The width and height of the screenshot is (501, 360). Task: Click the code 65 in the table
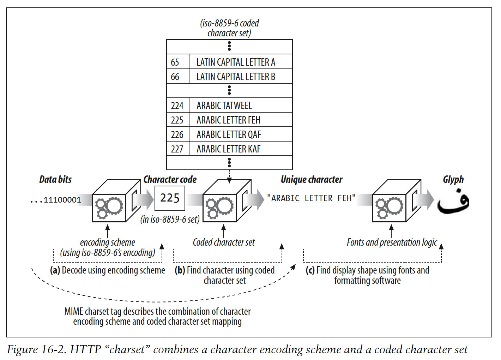coord(175,62)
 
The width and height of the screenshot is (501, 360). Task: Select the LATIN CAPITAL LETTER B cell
coord(236,77)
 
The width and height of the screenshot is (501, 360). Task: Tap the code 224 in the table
coord(177,106)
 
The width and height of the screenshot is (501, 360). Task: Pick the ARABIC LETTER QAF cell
coord(229,134)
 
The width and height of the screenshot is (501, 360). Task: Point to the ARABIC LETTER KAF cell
coord(228,149)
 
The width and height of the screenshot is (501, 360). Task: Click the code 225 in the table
coord(177,120)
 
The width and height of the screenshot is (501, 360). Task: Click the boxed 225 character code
coord(170,198)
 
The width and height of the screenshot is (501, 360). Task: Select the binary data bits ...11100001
coord(56,200)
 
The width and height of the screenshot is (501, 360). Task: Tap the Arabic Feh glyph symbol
coord(453,202)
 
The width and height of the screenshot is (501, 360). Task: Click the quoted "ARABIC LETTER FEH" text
coord(311,198)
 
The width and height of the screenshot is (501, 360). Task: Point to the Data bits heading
coord(55,180)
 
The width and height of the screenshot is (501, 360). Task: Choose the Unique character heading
coord(312,180)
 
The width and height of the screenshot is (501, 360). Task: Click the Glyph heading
coord(453,180)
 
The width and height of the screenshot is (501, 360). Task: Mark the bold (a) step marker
coord(55,270)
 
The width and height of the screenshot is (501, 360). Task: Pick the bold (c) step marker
coord(310,270)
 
